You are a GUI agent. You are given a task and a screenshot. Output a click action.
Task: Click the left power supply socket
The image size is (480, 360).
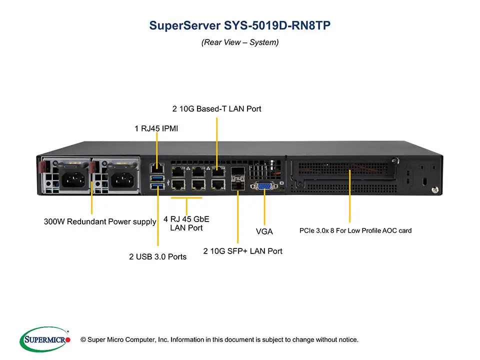pos(73,178)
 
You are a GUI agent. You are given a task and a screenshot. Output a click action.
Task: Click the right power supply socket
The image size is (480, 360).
pos(121,178)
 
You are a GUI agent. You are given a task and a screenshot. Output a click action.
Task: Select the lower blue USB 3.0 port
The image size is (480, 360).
pos(156,187)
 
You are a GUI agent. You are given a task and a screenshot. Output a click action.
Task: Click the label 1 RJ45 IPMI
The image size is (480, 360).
pos(156,128)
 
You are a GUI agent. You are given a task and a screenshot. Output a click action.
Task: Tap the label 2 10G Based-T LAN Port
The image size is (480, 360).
pos(216,108)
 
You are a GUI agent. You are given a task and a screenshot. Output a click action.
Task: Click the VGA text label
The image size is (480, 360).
pos(264,231)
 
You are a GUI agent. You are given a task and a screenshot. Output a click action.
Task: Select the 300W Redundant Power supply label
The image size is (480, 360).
pos(100,221)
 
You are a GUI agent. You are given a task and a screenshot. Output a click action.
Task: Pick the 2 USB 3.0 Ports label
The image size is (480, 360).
pos(157,256)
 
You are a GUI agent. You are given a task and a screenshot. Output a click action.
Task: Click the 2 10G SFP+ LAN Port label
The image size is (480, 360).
pos(242,251)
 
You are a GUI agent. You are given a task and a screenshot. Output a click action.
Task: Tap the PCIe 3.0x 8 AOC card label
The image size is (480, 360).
pos(355,230)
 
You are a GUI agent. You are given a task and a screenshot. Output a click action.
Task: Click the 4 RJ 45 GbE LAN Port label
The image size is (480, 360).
pos(186,223)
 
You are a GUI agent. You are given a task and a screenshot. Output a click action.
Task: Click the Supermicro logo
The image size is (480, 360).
pos(45,339)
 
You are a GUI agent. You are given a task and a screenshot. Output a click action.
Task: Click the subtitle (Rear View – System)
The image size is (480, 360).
pos(240,42)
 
